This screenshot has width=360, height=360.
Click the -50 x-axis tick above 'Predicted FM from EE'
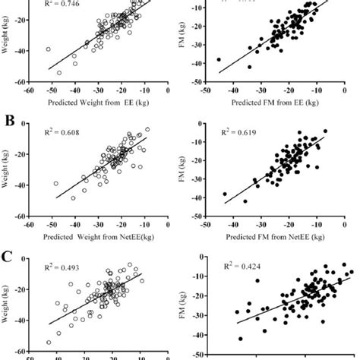coord(205,90)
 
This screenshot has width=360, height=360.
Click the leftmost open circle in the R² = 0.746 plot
coord(48,49)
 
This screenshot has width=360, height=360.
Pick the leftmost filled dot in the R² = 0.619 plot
coord(224,194)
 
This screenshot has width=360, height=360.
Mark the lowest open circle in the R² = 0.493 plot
coord(49,342)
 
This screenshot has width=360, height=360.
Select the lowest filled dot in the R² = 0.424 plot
coord(241,339)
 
